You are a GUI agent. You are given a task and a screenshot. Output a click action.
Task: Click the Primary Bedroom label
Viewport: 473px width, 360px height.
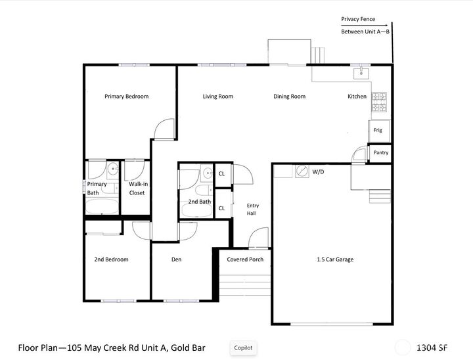pyautogui.click(x=126, y=97)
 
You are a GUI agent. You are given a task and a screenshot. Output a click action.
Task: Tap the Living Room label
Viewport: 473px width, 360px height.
pyautogui.click(x=217, y=97)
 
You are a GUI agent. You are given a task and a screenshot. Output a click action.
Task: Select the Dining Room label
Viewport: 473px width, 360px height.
pyautogui.click(x=289, y=97)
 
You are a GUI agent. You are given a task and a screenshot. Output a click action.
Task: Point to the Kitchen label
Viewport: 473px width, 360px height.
pyautogui.click(x=357, y=97)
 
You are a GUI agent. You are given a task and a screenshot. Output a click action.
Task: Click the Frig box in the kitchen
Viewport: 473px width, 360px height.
pyautogui.click(x=378, y=130)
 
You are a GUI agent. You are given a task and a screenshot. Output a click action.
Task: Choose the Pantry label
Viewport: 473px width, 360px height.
pyautogui.click(x=380, y=152)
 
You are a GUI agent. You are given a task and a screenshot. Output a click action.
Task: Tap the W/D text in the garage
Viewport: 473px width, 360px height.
pyautogui.click(x=319, y=171)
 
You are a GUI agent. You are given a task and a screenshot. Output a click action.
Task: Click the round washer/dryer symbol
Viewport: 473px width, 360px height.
pyautogui.click(x=302, y=171)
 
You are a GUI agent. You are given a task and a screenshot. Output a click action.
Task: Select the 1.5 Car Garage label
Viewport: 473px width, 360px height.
pyautogui.click(x=335, y=259)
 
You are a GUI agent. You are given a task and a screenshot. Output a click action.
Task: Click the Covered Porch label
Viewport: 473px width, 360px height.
pyautogui.click(x=245, y=259)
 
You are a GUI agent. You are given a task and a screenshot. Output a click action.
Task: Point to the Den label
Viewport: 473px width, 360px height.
pyautogui.click(x=176, y=259)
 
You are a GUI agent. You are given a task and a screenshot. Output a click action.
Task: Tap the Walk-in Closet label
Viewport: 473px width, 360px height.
pyautogui.click(x=137, y=189)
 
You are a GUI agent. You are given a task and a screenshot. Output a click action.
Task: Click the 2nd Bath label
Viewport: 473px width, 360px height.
pyautogui.click(x=199, y=202)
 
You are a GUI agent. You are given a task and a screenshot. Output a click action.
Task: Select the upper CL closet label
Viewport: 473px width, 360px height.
pyautogui.click(x=221, y=174)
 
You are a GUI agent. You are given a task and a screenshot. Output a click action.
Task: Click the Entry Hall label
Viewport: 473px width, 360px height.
pyautogui.click(x=252, y=209)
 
